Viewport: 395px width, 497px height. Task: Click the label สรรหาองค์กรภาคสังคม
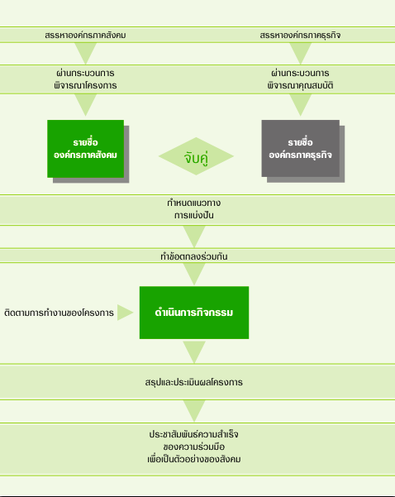click(85, 35)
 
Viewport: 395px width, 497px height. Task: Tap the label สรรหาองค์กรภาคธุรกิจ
click(300, 35)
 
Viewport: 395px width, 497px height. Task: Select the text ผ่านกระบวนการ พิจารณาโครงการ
click(85, 79)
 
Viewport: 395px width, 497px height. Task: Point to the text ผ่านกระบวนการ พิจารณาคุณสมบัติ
click(300, 79)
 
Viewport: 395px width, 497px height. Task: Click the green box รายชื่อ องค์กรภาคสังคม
click(85, 149)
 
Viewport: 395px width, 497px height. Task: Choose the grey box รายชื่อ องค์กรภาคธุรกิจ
click(300, 148)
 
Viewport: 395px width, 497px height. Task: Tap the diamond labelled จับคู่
click(196, 156)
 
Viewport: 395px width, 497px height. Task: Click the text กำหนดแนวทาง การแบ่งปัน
click(194, 209)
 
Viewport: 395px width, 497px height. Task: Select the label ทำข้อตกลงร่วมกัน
click(194, 256)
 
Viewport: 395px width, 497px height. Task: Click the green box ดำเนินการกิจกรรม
click(194, 313)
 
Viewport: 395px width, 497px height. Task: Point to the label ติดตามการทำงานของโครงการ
click(59, 313)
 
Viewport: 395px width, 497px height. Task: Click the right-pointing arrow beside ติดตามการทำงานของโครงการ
click(125, 313)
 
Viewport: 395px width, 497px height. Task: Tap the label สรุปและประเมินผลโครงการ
click(194, 382)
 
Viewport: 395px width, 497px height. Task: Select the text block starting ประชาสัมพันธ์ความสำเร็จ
click(194, 447)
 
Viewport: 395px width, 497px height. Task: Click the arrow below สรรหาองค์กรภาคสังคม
click(85, 53)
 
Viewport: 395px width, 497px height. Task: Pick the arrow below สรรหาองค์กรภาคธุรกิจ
click(300, 53)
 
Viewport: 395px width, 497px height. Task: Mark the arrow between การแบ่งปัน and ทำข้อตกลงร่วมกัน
click(194, 237)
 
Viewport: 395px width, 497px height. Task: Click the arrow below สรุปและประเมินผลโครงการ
click(194, 411)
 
